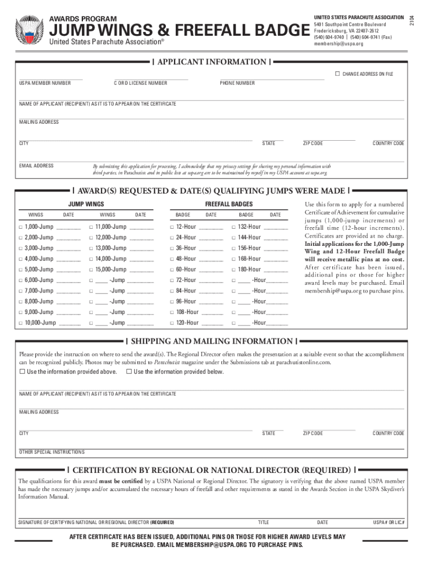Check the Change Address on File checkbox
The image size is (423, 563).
tap(337, 74)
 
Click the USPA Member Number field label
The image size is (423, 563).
tap(45, 83)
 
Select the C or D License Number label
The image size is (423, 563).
tap(141, 83)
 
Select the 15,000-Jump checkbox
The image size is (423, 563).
tap(91, 270)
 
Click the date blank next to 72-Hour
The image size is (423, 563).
tap(211, 280)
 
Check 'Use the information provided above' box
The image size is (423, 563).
tap(23, 372)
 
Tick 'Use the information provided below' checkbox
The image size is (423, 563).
tap(129, 372)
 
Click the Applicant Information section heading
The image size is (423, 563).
tap(211, 62)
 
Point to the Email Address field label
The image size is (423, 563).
tap(36, 165)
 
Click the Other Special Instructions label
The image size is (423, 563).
tap(52, 452)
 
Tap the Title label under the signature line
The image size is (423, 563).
tap(264, 522)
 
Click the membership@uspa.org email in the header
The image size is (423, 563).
tap(338, 43)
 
